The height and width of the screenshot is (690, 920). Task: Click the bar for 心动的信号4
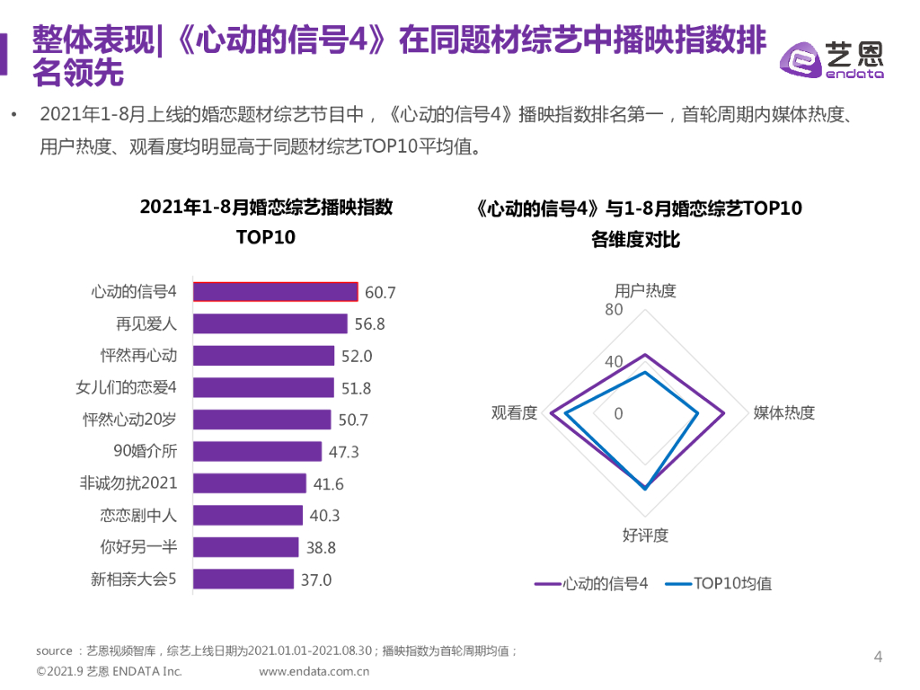[x=276, y=292]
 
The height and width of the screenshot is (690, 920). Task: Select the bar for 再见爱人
[x=270, y=323]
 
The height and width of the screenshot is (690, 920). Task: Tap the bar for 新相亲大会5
[x=243, y=579]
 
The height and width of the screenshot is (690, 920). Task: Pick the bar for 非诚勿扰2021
[x=250, y=483]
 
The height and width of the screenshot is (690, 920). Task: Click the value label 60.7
[x=380, y=293]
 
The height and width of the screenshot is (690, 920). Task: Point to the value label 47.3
[x=343, y=452]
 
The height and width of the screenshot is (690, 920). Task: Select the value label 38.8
[x=320, y=547]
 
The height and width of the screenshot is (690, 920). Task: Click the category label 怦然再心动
[x=139, y=356]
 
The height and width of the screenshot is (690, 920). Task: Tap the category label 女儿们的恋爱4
[x=127, y=388]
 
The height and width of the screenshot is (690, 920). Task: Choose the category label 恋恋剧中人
[x=139, y=516]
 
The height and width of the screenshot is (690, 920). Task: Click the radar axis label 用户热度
[x=645, y=291]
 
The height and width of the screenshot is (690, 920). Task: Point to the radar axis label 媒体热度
[x=783, y=413]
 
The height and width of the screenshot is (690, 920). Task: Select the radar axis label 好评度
[x=645, y=535]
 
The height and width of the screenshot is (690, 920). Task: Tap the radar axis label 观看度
[x=515, y=413]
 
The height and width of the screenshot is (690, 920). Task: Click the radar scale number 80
[x=614, y=311]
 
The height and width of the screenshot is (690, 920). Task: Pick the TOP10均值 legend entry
[x=719, y=583]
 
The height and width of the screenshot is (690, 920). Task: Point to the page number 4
[x=879, y=657]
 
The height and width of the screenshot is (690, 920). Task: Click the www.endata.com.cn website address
[x=314, y=671]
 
